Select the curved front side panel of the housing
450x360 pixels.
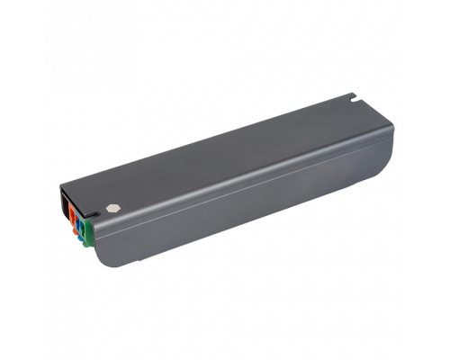[x=243, y=202]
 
